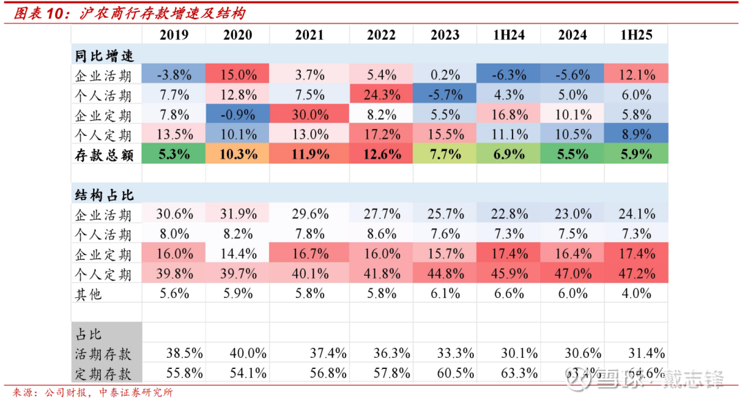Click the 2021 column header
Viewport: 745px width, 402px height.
309,35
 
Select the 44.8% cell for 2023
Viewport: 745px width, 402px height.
444,274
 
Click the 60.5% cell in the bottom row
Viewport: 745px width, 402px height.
444,374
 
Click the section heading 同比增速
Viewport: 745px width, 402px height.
103,55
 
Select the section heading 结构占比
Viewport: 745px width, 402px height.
103,194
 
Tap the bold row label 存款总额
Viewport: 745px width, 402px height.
103,154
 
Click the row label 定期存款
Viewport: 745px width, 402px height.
103,374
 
